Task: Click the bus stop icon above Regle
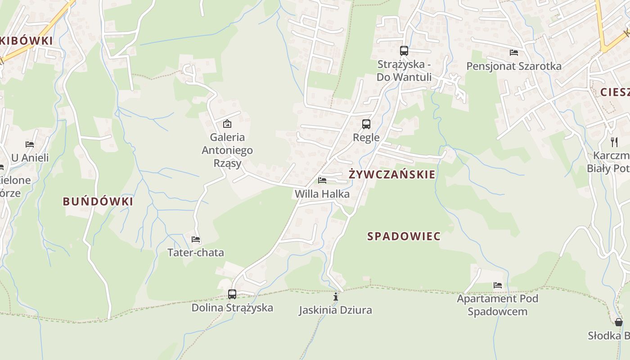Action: coord(366,124)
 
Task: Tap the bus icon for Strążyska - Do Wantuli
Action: coord(404,50)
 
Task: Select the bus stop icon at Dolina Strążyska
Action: coord(232,294)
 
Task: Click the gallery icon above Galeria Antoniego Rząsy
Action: coord(227,123)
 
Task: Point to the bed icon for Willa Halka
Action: coord(322,180)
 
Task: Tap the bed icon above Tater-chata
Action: coord(196,239)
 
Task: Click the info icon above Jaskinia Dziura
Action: coord(335,297)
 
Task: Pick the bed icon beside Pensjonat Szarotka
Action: coord(514,53)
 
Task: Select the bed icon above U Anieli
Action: coord(30,144)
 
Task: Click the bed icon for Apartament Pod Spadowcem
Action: coord(498,285)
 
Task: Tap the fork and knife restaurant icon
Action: coord(614,142)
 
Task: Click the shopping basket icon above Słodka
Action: coord(619,322)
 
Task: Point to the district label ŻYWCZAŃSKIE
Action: coord(392,174)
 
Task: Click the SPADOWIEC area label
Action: coord(404,236)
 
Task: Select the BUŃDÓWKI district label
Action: coord(98,201)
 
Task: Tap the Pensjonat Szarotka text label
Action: coord(514,66)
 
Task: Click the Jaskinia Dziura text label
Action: coord(335,310)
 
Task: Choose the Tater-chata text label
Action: coord(196,252)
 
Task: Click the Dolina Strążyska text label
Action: coord(232,308)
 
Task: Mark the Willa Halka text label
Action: coord(322,194)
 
